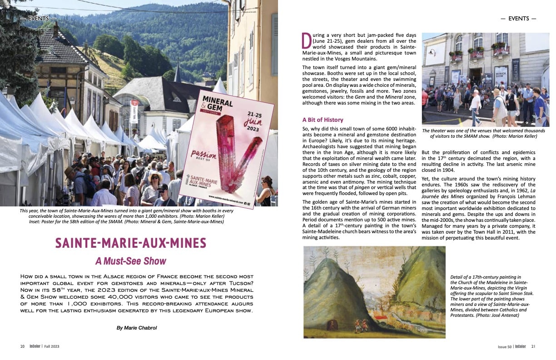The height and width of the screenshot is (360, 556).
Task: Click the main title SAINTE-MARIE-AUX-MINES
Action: (131, 243)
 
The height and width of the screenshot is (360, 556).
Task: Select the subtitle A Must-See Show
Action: (131, 261)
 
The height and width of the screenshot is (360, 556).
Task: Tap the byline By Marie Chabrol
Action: (136, 327)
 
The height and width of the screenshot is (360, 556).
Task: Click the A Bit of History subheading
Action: (323, 120)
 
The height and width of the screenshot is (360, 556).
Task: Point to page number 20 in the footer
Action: (22, 346)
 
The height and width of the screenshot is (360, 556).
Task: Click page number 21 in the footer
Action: (533, 346)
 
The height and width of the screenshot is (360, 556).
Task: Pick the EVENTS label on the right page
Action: (518, 19)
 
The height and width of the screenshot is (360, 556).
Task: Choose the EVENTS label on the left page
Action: (39, 19)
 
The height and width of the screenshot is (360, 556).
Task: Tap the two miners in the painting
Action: (359, 325)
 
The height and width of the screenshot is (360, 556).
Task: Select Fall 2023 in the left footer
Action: (52, 346)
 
